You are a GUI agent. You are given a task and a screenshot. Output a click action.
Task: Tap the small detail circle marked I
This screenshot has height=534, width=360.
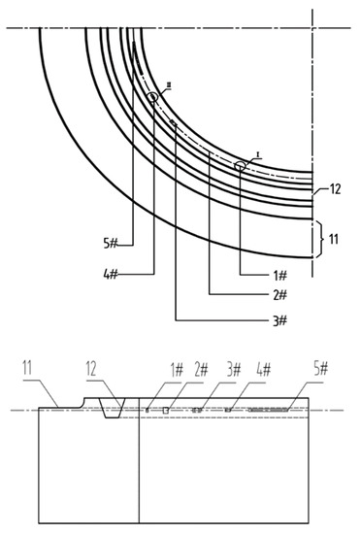pos(240,166)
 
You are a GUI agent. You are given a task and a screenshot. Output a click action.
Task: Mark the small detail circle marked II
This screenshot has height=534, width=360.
pos(153,97)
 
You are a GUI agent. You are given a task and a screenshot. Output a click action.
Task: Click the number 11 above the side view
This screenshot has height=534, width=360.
pos(29,370)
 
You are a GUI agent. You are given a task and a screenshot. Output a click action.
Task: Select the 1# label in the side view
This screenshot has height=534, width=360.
pos(177,370)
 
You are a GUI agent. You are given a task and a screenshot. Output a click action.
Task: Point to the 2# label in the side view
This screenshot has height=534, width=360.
pos(202,370)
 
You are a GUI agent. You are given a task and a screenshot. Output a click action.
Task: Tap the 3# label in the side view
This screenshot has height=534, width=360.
pos(233,370)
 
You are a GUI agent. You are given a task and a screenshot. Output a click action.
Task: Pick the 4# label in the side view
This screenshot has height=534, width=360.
pos(263,370)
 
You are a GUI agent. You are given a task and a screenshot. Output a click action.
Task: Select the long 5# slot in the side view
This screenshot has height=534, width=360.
pos(269,411)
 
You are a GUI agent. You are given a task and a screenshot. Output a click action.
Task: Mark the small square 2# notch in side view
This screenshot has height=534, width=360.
pos(166,411)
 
